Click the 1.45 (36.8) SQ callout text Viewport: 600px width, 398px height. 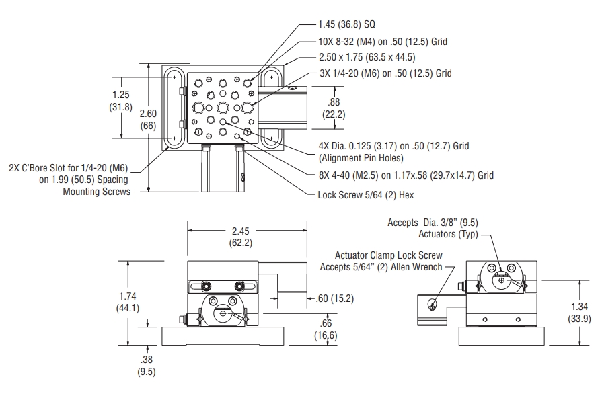346,24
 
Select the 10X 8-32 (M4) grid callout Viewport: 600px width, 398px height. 383,41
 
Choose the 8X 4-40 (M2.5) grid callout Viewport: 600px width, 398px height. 406,175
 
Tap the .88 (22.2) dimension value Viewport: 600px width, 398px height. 334,108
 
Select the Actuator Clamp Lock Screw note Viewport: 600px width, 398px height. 389,261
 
